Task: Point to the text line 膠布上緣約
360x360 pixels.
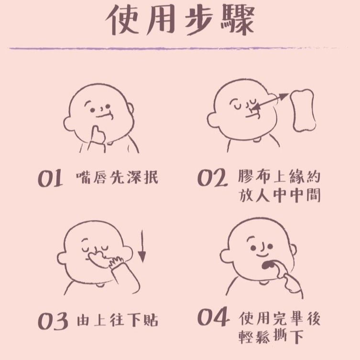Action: pyautogui.click(x=279, y=177)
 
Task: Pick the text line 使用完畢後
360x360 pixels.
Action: pyautogui.click(x=279, y=318)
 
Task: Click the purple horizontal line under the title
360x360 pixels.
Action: pyautogui.click(x=180, y=48)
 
